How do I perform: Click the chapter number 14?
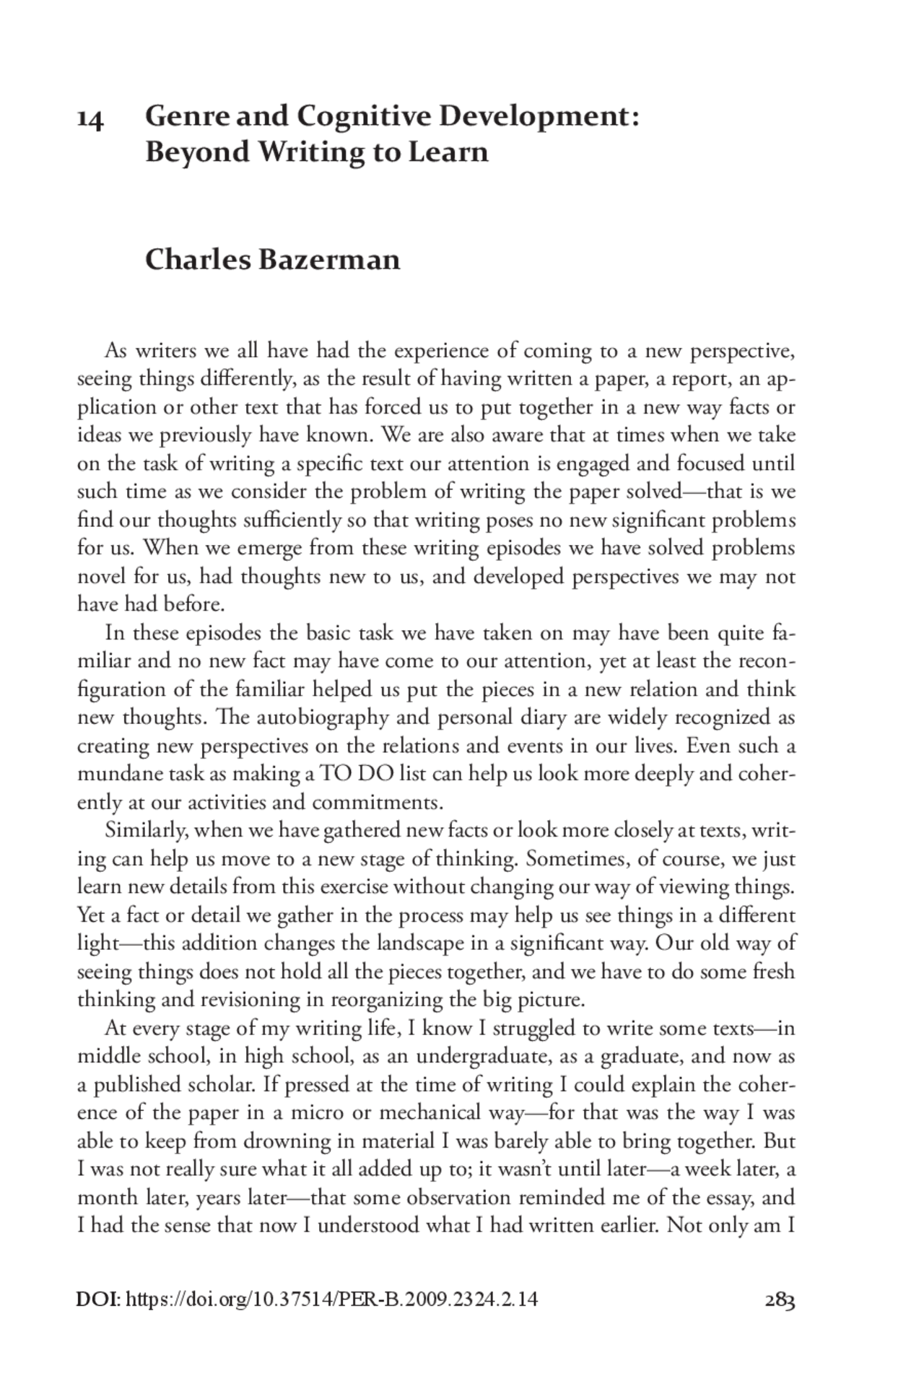click(90, 118)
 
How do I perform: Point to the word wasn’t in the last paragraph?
click(519, 1169)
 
